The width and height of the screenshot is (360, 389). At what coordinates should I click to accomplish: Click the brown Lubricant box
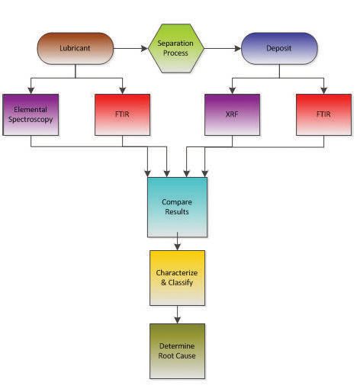point(76,48)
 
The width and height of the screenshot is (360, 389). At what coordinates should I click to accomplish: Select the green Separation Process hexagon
point(176,48)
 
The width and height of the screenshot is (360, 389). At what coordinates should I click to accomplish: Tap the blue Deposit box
point(279,48)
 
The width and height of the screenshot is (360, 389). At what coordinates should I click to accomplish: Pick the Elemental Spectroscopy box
point(31,114)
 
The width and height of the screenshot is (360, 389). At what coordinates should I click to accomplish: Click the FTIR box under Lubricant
point(122,114)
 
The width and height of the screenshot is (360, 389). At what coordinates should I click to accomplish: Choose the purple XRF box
point(232,114)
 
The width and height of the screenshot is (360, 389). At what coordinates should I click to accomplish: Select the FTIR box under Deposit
point(323,114)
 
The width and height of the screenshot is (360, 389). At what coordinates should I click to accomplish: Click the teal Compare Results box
point(177,207)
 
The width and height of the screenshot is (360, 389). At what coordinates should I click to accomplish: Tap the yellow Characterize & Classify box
point(177,278)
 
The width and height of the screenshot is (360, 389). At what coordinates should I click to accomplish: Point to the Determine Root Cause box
point(177,351)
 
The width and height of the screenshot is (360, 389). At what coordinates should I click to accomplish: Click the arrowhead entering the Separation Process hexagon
point(145,48)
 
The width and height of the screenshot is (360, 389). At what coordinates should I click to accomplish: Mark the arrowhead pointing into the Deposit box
point(238,48)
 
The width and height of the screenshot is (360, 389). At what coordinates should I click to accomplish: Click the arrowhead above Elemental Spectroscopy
point(31,91)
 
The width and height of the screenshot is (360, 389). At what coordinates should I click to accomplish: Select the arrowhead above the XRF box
point(233,91)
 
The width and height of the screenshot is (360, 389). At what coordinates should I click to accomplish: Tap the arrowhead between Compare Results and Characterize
point(177,247)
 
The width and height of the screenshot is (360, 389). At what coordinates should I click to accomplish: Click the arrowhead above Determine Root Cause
point(177,320)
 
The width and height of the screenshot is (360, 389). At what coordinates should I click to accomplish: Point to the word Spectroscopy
point(31,120)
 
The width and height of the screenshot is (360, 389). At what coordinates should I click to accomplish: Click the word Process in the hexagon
point(175,53)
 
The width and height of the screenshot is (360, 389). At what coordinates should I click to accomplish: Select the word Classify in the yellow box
point(181,283)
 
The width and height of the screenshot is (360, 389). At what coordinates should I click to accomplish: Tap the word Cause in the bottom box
point(186,355)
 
